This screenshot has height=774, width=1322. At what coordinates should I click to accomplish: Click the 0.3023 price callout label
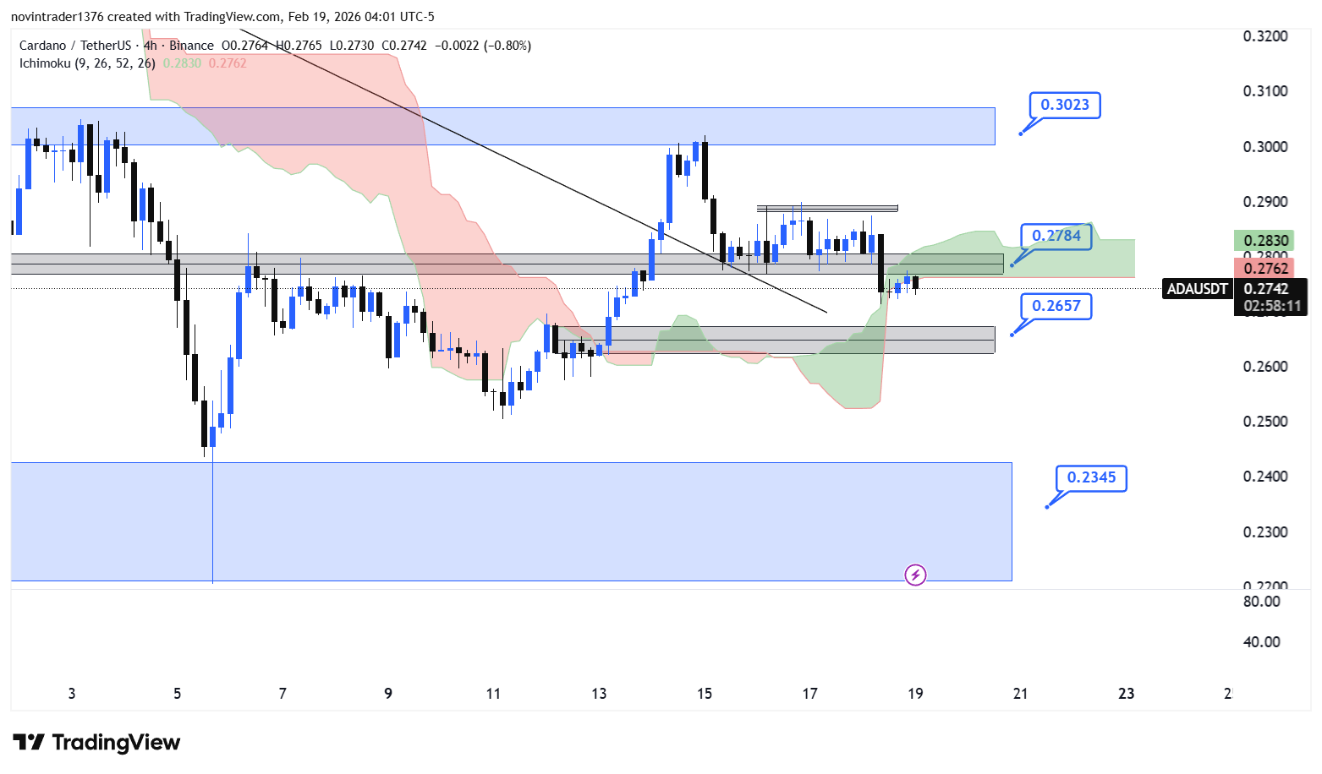tap(1064, 105)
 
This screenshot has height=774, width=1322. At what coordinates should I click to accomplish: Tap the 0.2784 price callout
tap(1056, 236)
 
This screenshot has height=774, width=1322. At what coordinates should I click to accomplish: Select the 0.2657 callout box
tap(1056, 306)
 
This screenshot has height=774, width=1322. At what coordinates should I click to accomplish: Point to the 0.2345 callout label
tap(1091, 477)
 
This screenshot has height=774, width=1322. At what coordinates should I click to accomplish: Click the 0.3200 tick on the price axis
tap(1265, 36)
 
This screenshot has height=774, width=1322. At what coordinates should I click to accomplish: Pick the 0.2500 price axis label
tap(1265, 422)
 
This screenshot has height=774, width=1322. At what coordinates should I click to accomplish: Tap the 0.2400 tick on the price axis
tap(1265, 477)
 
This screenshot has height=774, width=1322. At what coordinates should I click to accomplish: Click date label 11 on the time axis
tap(493, 694)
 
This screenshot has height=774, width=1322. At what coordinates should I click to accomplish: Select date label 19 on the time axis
tap(915, 694)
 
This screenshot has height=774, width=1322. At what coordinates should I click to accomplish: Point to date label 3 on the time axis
tap(72, 694)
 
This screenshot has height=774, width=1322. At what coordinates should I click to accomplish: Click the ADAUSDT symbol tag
tap(1197, 289)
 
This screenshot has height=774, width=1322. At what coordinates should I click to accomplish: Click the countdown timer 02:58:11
tap(1271, 306)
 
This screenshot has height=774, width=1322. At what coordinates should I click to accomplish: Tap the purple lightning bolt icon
tap(915, 575)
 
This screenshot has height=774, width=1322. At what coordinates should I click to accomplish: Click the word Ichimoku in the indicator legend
tap(45, 63)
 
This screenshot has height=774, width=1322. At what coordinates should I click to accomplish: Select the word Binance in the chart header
tap(191, 46)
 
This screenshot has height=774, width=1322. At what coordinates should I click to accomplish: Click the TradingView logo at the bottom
tap(97, 743)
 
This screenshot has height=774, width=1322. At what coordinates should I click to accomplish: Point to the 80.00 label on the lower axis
tap(1262, 602)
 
